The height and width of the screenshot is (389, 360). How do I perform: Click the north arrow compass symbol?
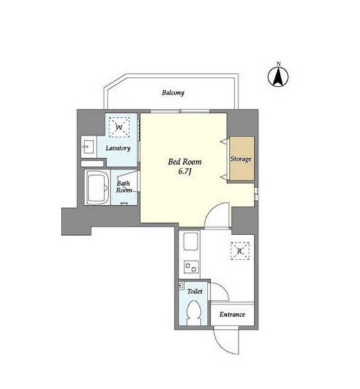coord(279,78)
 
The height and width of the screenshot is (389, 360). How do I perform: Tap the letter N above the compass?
coord(279,63)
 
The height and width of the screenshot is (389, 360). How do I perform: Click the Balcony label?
coord(172,92)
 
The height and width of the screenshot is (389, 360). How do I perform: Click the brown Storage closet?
coord(241,158)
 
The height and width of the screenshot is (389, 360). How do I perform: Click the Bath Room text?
coord(124,186)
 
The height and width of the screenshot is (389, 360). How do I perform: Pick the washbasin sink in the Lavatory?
coord(88,147)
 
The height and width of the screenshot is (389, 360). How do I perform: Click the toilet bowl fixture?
coord(193,313)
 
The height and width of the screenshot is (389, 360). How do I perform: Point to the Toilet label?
coord(195,292)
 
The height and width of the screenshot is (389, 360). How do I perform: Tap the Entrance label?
coord(232,315)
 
